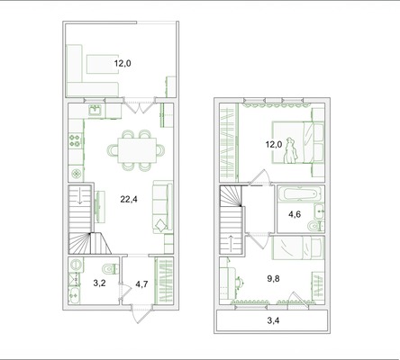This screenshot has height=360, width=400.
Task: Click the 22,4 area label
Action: tap(129, 199)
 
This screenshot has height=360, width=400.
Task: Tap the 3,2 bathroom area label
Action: tap(99, 283)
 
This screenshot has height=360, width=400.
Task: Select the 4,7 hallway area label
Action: tap(141, 283)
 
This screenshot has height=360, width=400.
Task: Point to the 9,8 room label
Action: tap(273, 279)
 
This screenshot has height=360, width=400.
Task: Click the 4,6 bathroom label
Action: tap(295, 214)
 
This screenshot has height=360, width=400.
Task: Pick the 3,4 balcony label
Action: tap(273, 320)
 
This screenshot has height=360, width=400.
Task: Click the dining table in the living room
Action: tap(137, 150)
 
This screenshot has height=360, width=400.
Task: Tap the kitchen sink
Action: tap(96, 110)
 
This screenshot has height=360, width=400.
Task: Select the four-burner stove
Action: tap(76, 140)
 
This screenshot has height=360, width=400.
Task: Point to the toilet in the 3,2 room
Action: tap(111, 269)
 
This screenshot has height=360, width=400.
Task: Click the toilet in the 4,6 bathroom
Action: tap(315, 225)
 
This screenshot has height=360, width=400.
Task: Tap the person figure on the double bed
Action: tap(291, 151)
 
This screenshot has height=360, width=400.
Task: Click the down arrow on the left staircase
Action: tap(79, 199)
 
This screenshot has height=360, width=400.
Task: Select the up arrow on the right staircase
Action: tap(231, 240)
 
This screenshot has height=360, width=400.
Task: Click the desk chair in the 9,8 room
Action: tap(240, 282)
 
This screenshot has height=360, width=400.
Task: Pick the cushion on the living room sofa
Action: tap(161, 225)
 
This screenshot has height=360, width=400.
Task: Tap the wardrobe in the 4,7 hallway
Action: tap(164, 281)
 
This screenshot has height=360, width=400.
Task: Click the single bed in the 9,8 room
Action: tap(298, 247)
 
